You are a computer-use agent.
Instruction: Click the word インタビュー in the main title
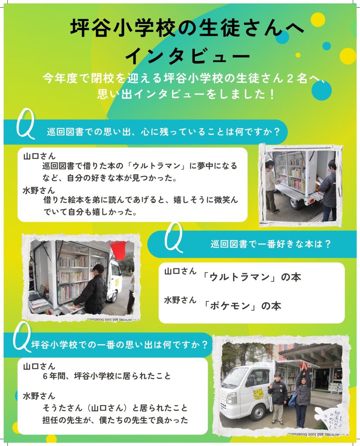[187, 56]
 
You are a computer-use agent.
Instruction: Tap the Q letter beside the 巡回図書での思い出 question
[26, 124]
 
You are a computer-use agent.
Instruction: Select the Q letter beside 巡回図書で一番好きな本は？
[173, 237]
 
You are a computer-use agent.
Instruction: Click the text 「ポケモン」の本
[243, 306]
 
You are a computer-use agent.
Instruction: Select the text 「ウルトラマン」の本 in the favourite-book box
[252, 277]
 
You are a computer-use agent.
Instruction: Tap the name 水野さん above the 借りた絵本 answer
[39, 190]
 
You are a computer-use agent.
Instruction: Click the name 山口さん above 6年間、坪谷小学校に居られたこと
[39, 366]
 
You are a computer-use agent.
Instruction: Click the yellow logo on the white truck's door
[258, 393]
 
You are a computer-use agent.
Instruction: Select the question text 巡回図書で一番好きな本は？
[271, 244]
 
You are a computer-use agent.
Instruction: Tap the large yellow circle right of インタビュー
[348, 56]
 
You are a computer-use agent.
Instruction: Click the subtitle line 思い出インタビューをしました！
[186, 94]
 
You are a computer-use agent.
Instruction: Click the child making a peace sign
[278, 398]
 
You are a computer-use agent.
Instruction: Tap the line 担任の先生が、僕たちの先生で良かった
[115, 420]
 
